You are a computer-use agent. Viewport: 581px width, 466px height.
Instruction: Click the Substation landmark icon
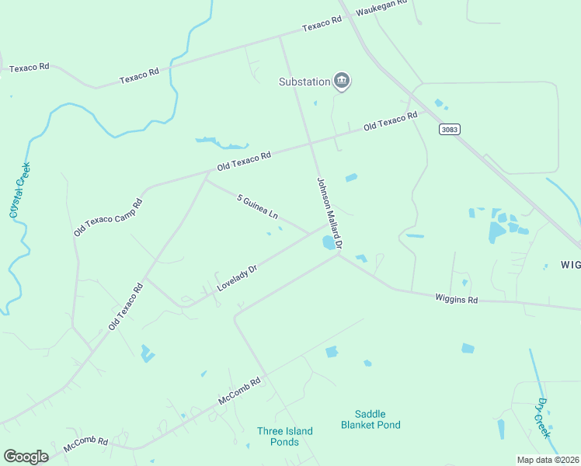(x=342, y=81)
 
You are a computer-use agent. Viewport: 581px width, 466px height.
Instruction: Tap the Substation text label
(x=304, y=82)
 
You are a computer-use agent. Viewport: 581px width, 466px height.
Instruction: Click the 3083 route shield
(x=447, y=128)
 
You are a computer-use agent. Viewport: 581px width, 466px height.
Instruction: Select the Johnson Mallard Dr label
(x=329, y=213)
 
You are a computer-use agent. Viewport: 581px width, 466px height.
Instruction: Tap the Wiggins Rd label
(x=456, y=297)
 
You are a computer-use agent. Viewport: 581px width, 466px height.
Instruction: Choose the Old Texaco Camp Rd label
(x=108, y=217)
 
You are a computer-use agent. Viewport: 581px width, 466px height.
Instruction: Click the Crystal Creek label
(x=19, y=190)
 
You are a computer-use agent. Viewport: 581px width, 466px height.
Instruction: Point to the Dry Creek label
(x=543, y=419)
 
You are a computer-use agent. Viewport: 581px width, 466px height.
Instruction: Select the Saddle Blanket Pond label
(x=371, y=419)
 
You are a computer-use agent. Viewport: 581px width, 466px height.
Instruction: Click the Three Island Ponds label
(x=285, y=436)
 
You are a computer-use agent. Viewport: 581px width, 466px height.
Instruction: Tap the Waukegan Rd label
(x=381, y=8)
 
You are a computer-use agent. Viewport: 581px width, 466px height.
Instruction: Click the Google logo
(x=26, y=456)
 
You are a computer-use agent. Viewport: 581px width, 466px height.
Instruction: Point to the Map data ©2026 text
(x=548, y=460)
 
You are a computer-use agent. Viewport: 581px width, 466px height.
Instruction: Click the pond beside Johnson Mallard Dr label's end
(x=329, y=243)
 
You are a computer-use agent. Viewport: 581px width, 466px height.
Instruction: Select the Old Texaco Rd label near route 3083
(x=391, y=120)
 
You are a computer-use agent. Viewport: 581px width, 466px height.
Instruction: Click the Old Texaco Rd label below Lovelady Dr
(x=126, y=308)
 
